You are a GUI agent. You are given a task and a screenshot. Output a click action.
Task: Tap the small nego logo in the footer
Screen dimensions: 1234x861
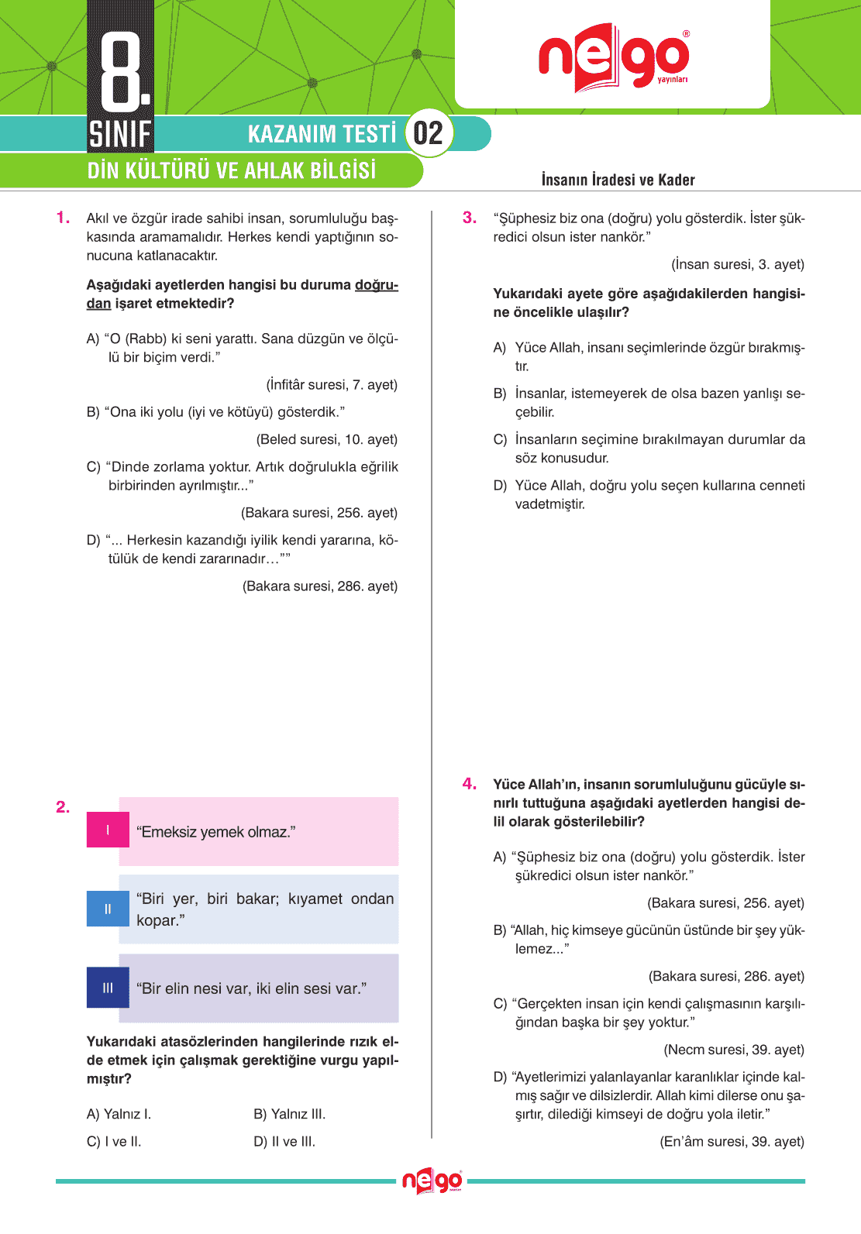pos(432,1181)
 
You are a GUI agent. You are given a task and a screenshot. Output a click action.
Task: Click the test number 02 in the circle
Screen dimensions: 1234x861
pos(428,133)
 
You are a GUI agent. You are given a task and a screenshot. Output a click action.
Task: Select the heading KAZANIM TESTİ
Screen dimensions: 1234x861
pos(322,134)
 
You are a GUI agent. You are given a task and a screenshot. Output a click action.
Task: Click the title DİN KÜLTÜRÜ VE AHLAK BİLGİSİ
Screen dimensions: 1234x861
pos(231,170)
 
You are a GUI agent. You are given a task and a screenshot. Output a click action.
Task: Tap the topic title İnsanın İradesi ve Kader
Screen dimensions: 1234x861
pos(618,180)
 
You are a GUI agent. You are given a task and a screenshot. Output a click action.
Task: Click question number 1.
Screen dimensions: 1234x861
pos(64,218)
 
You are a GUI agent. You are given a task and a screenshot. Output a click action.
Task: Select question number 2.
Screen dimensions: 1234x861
pos(63,807)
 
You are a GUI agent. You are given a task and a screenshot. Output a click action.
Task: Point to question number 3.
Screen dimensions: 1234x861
pos(470,218)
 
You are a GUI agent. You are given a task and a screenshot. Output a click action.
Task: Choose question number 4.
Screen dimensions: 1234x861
pos(470,784)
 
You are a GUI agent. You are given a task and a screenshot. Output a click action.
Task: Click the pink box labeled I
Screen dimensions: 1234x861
pos(108,830)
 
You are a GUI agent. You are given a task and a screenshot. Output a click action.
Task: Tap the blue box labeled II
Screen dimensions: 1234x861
pos(108,909)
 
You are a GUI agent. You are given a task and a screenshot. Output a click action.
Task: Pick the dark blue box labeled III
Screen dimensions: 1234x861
pos(108,988)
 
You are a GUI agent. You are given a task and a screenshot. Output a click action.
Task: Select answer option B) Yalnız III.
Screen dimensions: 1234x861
pos(289,1114)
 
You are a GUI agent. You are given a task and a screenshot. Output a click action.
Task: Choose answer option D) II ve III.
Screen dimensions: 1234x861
pos(284,1141)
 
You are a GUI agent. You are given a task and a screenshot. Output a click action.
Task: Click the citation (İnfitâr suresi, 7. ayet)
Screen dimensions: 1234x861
pos(332,385)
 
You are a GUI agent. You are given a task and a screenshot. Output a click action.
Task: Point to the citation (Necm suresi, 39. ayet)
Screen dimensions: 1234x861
pos(734,1050)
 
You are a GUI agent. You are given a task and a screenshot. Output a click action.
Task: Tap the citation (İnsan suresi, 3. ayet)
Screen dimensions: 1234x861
pos(738,264)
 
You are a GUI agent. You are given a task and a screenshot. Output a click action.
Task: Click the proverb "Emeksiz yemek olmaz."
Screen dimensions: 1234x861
pos(215,832)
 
